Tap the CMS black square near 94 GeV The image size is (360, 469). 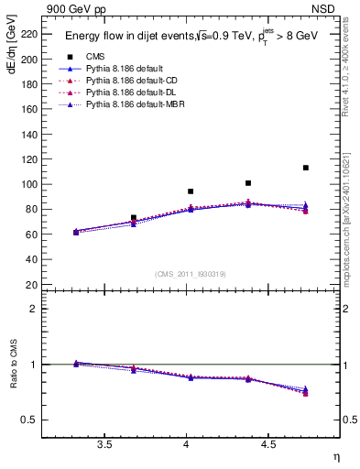pos(191,191)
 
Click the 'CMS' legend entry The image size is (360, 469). pos(95,57)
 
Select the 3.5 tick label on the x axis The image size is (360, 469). pos(105,445)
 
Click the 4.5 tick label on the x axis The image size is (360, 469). pos(268,445)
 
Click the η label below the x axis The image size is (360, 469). pos(335,457)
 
